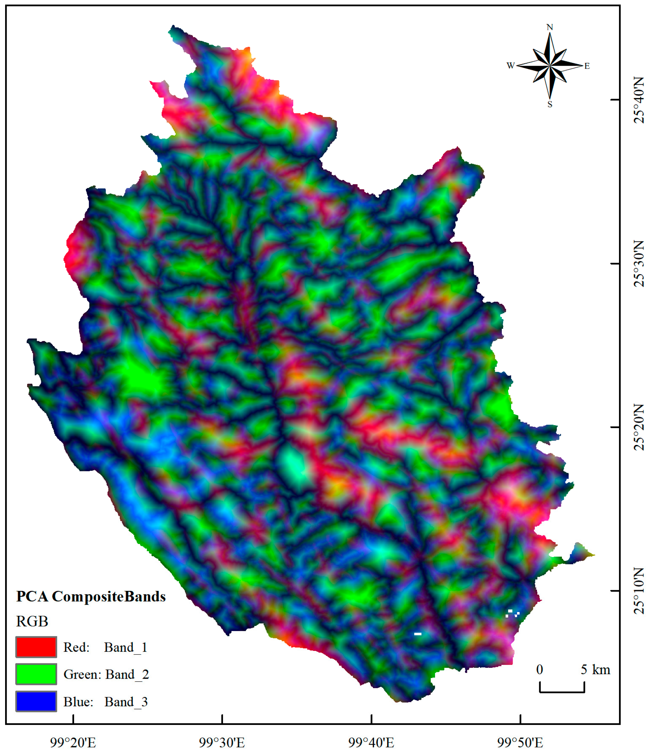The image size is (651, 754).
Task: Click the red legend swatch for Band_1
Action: (x=36, y=647)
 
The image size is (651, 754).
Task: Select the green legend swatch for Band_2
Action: (x=36, y=674)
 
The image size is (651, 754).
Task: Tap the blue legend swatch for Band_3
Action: (x=36, y=701)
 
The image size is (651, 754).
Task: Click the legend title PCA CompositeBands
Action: (x=91, y=596)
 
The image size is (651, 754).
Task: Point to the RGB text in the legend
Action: (x=32, y=621)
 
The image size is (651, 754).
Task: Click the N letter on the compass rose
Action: (x=550, y=27)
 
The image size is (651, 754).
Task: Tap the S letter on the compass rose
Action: (x=550, y=104)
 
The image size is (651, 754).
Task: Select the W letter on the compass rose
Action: (x=510, y=65)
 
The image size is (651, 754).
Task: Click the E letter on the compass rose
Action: (x=587, y=66)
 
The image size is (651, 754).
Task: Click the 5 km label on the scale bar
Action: (x=595, y=670)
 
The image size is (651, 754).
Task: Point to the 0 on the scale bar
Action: (x=540, y=670)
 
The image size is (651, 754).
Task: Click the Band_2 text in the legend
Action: (x=127, y=674)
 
